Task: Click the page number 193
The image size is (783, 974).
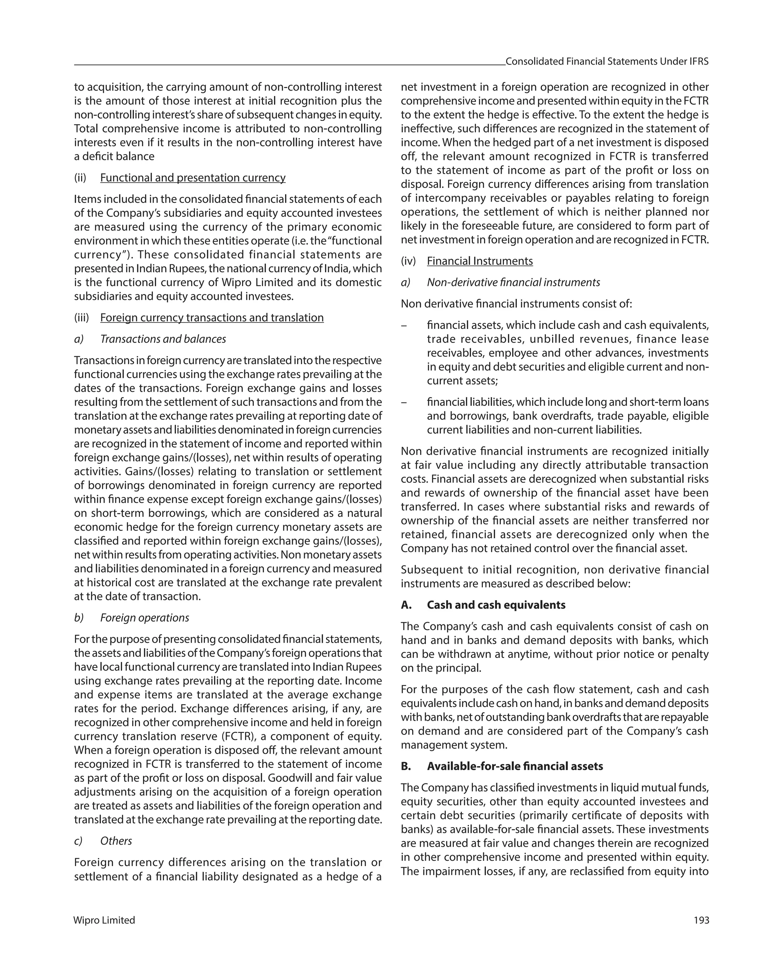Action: click(701, 920)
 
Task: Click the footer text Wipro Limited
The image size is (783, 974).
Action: click(104, 920)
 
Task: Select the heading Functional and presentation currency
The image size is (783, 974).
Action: click(193, 178)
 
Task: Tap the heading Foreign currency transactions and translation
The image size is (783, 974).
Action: click(212, 318)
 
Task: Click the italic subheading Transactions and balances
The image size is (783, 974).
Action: click(163, 339)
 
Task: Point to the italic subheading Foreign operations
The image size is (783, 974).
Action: click(145, 617)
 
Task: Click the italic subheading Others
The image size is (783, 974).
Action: click(116, 841)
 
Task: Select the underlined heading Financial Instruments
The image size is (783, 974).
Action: click(479, 261)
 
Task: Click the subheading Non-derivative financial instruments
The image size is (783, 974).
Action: click(513, 282)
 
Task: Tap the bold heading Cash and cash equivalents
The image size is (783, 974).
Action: click(496, 605)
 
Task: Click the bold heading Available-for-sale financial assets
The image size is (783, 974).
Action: click(515, 766)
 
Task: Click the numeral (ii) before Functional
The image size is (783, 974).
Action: click(80, 178)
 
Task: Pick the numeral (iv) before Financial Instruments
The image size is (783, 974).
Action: click(408, 261)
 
